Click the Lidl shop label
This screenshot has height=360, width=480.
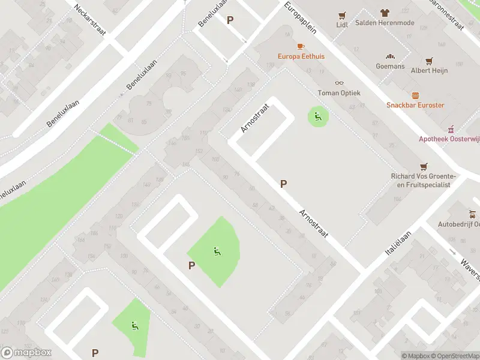click(x=342, y=25)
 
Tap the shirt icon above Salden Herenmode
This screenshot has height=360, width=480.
click(x=385, y=13)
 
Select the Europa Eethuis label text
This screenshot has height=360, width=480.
click(x=301, y=56)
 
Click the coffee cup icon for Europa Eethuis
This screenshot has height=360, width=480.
click(x=301, y=46)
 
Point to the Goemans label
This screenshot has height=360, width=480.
click(x=390, y=66)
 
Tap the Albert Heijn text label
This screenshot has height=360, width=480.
click(x=429, y=71)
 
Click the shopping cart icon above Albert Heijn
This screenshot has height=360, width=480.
click(x=429, y=61)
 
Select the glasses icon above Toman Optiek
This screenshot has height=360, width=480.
click(x=339, y=83)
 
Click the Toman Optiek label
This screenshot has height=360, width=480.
click(x=339, y=93)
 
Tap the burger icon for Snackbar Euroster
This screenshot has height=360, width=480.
click(x=415, y=95)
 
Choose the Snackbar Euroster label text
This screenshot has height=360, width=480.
click(x=415, y=105)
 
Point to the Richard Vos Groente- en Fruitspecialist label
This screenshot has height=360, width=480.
click(x=424, y=181)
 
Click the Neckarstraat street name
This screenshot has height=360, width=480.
click(x=89, y=20)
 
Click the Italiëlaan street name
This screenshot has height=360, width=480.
click(x=398, y=244)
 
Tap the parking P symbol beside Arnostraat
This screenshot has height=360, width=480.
click(x=283, y=184)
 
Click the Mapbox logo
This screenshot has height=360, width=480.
click(x=26, y=353)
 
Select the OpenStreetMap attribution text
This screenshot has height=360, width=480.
click(x=455, y=356)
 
